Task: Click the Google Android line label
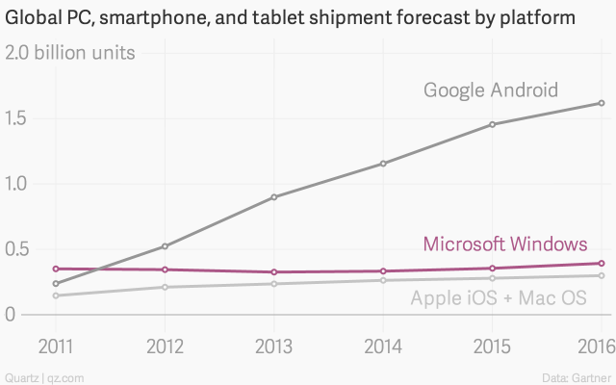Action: pyautogui.click(x=491, y=90)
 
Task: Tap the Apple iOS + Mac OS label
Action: pyautogui.click(x=499, y=298)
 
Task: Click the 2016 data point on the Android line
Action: pyautogui.click(x=602, y=103)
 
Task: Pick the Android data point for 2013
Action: pyautogui.click(x=274, y=197)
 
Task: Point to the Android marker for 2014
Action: pyautogui.click(x=383, y=164)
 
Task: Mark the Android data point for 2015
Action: pyautogui.click(x=492, y=124)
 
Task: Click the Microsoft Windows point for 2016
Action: pyautogui.click(x=602, y=263)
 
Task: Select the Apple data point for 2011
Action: pyautogui.click(x=56, y=295)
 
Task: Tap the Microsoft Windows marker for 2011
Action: pyautogui.click(x=56, y=269)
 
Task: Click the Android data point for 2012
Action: pyautogui.click(x=166, y=246)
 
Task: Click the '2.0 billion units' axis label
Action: pyautogui.click(x=70, y=52)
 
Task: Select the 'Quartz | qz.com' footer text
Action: pyautogui.click(x=38, y=375)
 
